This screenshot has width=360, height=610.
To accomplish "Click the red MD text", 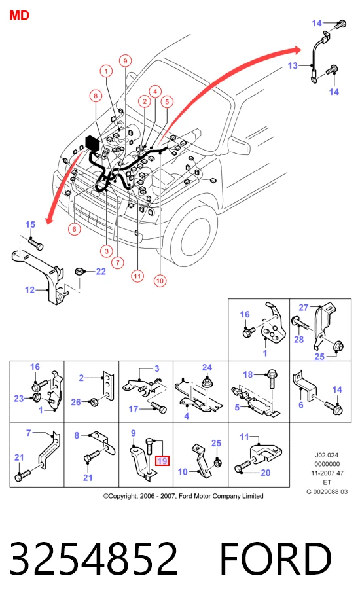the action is (19, 16).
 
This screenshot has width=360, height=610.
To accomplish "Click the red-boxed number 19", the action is (162, 461).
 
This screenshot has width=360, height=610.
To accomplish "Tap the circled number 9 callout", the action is (125, 61).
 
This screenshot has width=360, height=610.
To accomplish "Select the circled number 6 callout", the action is (75, 229).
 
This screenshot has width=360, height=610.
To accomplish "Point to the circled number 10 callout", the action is (160, 281).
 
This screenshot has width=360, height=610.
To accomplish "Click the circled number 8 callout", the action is (96, 96).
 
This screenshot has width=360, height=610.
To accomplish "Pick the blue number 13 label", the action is (293, 65).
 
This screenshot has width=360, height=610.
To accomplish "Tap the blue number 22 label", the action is (101, 271).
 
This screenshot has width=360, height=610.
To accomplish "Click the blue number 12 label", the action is (29, 290).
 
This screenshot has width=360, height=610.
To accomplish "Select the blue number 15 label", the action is (30, 224).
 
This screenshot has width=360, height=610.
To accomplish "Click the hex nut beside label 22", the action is (79, 271).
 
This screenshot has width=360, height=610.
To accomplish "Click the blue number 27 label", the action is (304, 308).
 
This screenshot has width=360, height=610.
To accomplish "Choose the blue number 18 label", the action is (248, 374).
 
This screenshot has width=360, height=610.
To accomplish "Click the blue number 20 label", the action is (266, 473).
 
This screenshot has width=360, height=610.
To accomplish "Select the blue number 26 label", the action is (76, 402).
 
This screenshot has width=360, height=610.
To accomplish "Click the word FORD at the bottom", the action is (276, 558).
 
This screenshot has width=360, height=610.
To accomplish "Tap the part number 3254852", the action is (94, 558).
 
